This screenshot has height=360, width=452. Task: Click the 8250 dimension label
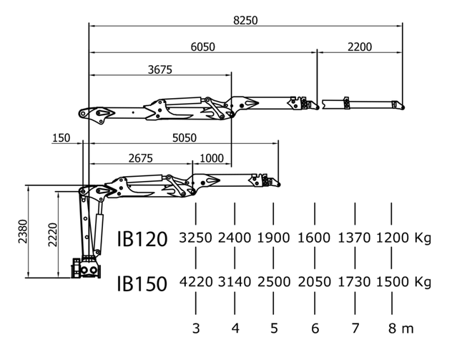click(245, 21)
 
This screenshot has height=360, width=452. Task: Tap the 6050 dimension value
click(202, 47)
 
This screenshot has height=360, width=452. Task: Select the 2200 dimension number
click(360, 47)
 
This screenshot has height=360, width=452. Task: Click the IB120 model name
click(142, 239)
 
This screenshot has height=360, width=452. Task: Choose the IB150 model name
click(142, 283)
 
